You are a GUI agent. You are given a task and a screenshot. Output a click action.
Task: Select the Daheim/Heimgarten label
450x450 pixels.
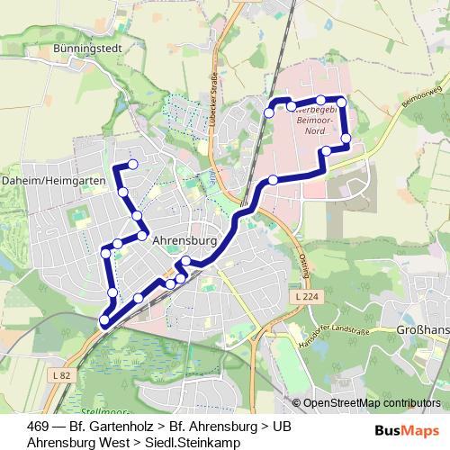point(53,181)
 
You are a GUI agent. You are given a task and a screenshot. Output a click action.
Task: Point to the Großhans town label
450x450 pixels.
point(422,330)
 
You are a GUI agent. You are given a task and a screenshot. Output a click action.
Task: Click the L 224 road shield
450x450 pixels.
point(304,296)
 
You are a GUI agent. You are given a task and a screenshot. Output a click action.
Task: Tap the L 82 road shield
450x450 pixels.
point(61,374)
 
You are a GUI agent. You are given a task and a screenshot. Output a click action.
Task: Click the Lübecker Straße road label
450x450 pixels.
point(217,101)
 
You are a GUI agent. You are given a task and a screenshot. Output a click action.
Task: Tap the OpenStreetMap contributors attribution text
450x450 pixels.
point(371,402)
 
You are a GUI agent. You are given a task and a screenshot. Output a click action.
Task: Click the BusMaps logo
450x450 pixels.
point(407,428)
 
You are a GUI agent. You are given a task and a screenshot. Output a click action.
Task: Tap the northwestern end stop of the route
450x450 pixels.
point(132,164)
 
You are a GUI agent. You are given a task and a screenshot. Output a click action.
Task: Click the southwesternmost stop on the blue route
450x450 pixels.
point(104,320)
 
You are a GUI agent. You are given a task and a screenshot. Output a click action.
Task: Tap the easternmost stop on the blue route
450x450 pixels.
point(346,138)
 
